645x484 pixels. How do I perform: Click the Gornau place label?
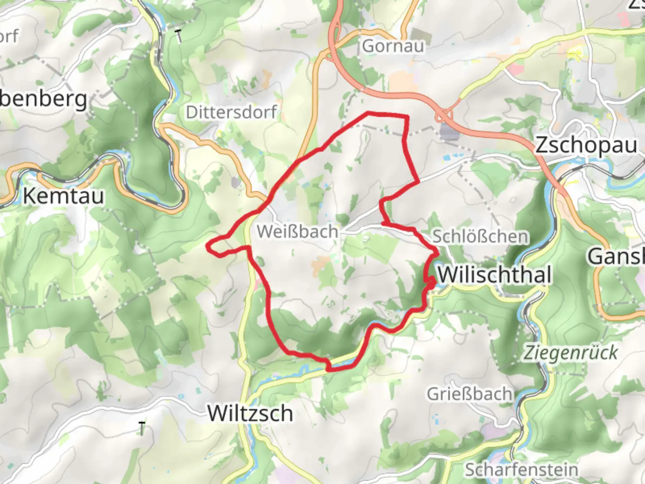click(x=393, y=46)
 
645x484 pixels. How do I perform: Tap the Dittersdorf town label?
click(x=231, y=112)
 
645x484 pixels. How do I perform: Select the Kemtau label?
click(x=63, y=196)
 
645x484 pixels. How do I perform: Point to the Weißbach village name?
click(x=297, y=232)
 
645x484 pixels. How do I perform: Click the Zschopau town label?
click(x=586, y=145)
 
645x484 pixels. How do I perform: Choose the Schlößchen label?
click(x=480, y=237)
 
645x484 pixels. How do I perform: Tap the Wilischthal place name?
click(x=494, y=274)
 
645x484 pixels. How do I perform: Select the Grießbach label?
click(x=469, y=394)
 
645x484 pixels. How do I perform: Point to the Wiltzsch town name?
click(x=250, y=413)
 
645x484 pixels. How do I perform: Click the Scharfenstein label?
click(x=521, y=470)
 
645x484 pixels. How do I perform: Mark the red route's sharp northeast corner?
click(x=407, y=117)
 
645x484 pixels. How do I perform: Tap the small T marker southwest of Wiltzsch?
click(x=142, y=428)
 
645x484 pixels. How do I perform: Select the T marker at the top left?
click(x=179, y=36)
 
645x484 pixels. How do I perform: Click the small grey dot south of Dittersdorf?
click(x=236, y=182)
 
